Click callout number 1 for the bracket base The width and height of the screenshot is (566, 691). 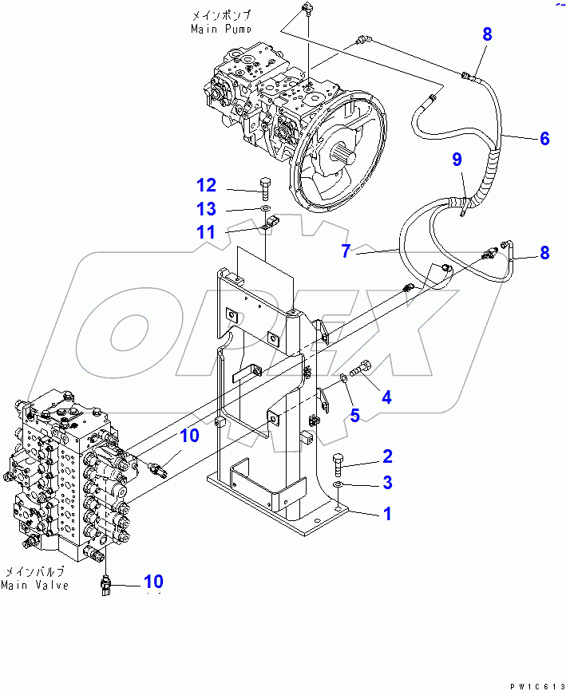387,514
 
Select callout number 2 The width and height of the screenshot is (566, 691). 387,456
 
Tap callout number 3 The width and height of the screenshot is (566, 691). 387,482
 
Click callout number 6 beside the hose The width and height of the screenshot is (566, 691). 544,139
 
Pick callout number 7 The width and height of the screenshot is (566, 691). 346,251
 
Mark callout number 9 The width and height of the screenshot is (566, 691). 457,160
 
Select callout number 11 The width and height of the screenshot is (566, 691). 207,232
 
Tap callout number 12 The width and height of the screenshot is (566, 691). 207,186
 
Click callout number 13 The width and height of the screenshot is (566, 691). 207,209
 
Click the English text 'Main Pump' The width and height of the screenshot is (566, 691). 221,29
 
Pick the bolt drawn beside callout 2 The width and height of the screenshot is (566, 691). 338,462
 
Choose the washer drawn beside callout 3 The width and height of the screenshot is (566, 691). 338,484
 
